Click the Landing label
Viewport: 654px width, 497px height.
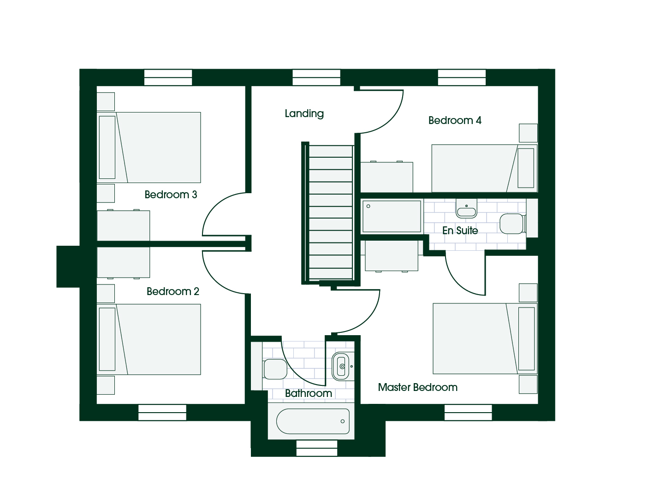[x=304, y=113]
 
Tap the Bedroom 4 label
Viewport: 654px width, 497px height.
[x=455, y=120]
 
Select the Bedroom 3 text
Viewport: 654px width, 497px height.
[x=171, y=195]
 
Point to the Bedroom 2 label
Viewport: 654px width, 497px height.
[x=173, y=291]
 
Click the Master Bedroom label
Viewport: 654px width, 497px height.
[x=418, y=387]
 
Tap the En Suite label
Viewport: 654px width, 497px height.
[x=460, y=230]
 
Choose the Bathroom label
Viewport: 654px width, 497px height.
[x=309, y=393]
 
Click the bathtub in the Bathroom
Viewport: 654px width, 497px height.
[x=313, y=421]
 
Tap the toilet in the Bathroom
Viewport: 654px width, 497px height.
[x=275, y=369]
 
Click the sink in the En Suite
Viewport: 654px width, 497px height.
[x=466, y=209]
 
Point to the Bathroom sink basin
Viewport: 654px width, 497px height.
[x=340, y=367]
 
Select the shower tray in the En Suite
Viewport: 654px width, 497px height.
[x=392, y=216]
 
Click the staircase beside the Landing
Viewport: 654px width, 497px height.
[x=331, y=213]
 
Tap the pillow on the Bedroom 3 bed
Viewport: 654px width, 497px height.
[x=107, y=148]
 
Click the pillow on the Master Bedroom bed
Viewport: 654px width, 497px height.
[x=527, y=338]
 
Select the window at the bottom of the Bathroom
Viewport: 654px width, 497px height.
[x=317, y=448]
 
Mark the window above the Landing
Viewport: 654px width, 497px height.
[x=316, y=77]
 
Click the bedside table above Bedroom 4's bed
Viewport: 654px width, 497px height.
[x=528, y=133]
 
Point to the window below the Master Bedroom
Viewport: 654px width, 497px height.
[x=468, y=412]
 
